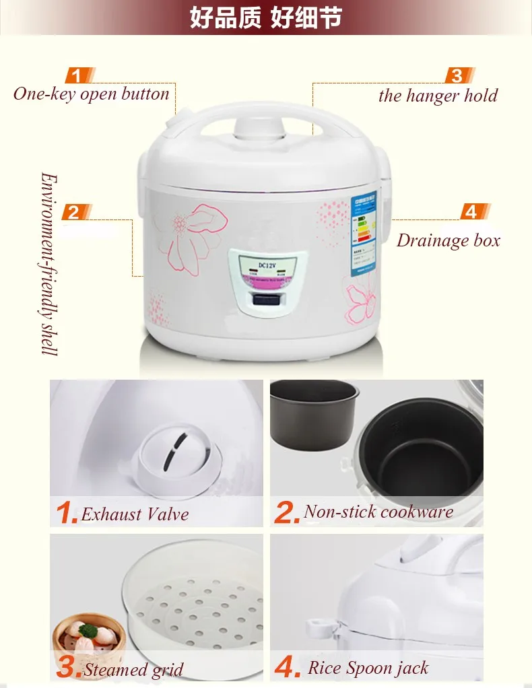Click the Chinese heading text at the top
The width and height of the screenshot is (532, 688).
click(x=265, y=18)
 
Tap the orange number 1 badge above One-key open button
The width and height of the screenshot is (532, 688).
click(x=78, y=75)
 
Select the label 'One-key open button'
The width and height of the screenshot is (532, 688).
click(x=91, y=94)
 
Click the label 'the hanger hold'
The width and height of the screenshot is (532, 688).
click(x=438, y=96)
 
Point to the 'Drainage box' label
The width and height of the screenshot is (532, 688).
click(x=448, y=240)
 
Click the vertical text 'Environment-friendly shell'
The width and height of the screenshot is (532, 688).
click(x=48, y=263)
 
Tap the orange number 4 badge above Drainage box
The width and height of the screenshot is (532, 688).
click(x=471, y=211)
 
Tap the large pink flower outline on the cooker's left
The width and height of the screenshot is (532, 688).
click(x=195, y=235)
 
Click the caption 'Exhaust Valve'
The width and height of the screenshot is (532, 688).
click(x=135, y=515)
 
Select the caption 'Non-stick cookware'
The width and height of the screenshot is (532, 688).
click(x=378, y=512)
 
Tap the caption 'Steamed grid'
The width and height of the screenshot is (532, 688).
click(x=133, y=670)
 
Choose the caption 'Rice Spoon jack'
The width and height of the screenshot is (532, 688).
click(x=368, y=668)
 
